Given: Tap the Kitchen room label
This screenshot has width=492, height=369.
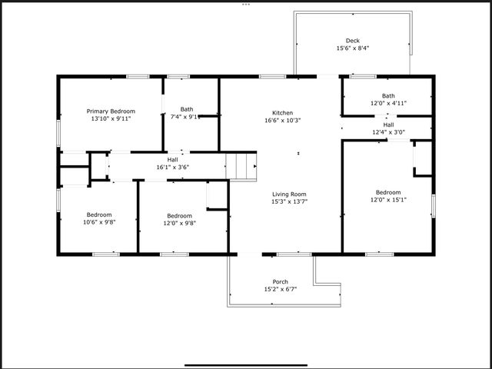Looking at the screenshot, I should [282, 112].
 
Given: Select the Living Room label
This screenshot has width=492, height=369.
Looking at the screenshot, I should [288, 194].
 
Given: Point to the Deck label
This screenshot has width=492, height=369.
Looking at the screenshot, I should [352, 41].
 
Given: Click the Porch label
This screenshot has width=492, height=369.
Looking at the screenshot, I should [281, 281].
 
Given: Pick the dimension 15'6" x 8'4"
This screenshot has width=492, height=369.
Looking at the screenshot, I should [352, 48].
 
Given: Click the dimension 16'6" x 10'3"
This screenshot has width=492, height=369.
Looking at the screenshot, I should [282, 120].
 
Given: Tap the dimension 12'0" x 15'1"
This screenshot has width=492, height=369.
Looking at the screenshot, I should [388, 200].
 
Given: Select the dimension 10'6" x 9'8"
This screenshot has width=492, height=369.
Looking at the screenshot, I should [99, 222].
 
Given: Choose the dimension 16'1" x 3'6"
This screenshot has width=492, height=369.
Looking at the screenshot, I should [172, 167].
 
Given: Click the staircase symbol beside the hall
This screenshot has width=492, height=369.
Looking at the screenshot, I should [241, 165].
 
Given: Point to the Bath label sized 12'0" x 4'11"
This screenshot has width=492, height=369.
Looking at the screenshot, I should [388, 96].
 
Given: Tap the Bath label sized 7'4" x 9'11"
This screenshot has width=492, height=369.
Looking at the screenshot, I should [187, 109].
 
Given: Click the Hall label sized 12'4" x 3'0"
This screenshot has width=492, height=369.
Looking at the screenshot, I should [388, 125].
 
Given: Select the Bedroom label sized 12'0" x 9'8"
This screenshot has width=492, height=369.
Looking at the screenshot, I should [180, 215].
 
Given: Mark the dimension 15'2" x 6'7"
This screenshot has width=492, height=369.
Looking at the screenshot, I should [281, 289].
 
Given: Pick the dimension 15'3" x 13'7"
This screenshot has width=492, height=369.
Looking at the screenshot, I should [288, 202].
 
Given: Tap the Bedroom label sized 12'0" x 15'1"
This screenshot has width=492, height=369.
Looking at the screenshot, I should [388, 192].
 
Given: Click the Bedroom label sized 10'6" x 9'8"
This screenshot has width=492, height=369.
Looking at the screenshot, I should [99, 214].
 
